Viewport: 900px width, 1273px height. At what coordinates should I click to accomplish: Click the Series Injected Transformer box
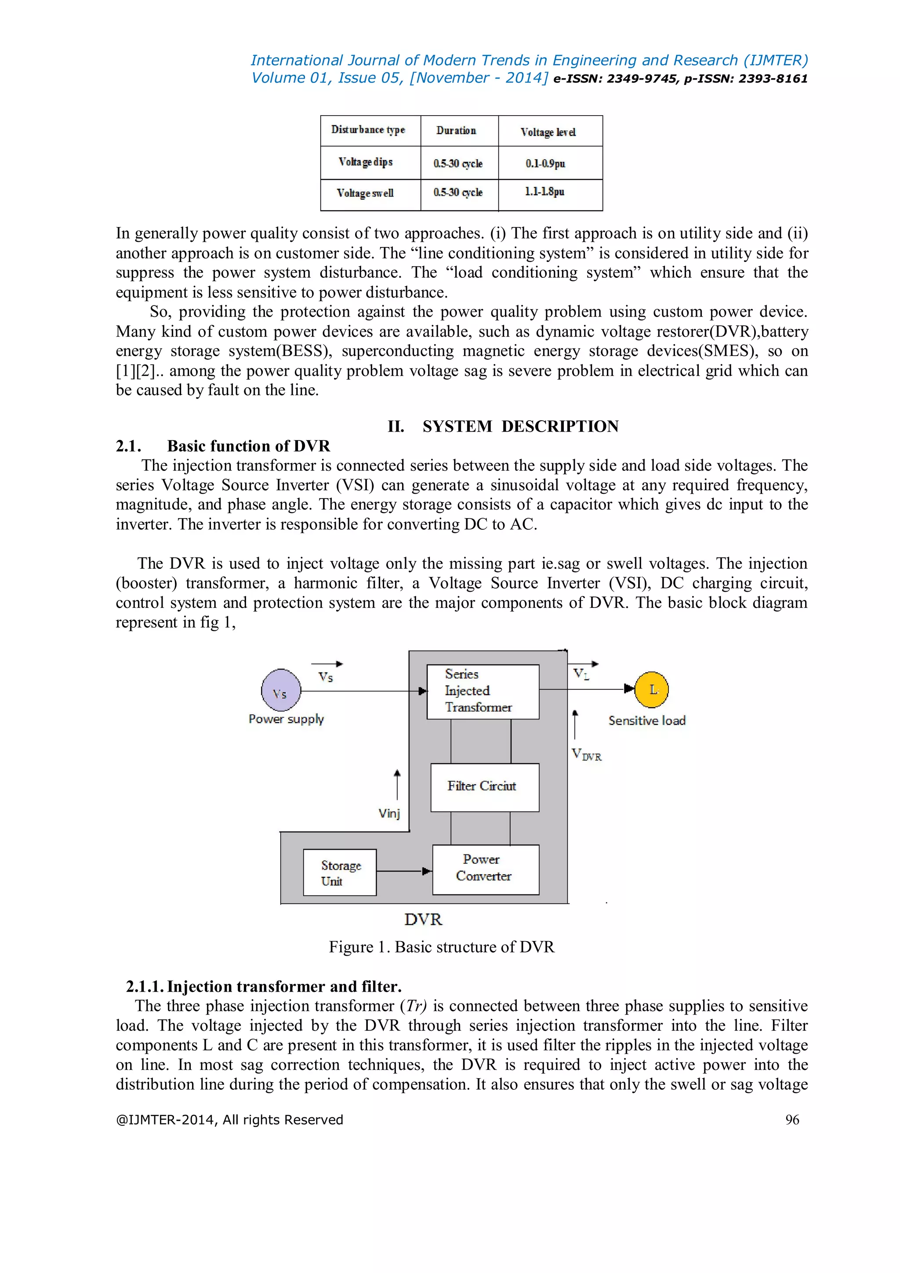[x=483, y=691]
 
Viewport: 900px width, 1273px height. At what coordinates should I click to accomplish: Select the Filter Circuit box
[x=484, y=787]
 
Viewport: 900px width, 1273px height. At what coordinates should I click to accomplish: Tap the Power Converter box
[x=486, y=869]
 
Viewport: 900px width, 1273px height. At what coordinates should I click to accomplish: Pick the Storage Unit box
[x=340, y=872]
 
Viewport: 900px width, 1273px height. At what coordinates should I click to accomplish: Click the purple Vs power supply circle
[x=281, y=690]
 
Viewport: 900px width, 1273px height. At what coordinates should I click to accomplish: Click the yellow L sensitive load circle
[x=651, y=690]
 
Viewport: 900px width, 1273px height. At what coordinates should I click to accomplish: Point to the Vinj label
[x=389, y=813]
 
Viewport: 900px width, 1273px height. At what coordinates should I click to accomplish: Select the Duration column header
[x=456, y=131]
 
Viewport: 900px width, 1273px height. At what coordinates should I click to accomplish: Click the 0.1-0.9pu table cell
[x=545, y=164]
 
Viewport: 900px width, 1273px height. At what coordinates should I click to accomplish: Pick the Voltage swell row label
[x=365, y=193]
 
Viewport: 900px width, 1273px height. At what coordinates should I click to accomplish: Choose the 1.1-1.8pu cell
[x=545, y=192]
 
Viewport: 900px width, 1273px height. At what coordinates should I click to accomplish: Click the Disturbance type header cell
[x=369, y=130]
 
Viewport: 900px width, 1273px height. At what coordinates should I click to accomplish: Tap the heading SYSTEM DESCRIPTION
[x=520, y=426]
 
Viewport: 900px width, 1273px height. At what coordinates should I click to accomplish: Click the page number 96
[x=792, y=1120]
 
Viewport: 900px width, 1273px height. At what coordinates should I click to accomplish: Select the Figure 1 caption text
[x=441, y=946]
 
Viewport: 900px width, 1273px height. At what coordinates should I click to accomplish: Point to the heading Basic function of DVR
[x=248, y=446]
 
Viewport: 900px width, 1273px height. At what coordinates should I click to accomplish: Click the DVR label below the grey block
[x=423, y=919]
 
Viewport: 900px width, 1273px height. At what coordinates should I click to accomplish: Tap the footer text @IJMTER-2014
[x=229, y=1120]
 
